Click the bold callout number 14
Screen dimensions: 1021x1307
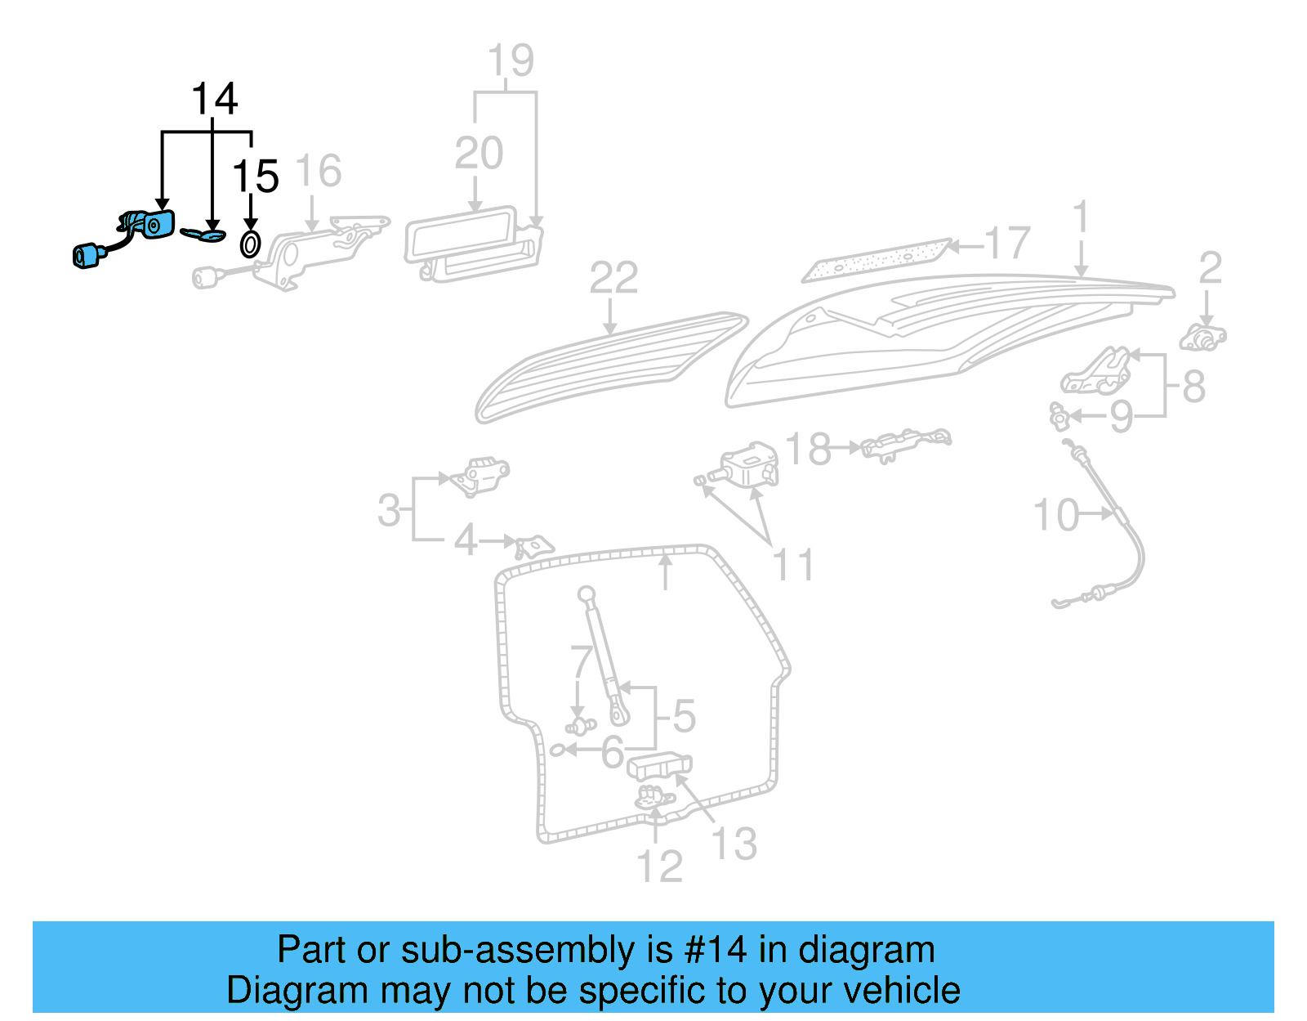click(x=214, y=100)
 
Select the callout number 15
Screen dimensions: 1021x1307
click(x=256, y=177)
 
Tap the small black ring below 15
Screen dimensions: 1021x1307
click(x=250, y=244)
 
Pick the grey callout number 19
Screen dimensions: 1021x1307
click(x=511, y=61)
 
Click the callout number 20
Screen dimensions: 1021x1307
click(x=479, y=154)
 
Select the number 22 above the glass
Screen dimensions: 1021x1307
click(x=613, y=279)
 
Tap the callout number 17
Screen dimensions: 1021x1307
click(x=1007, y=244)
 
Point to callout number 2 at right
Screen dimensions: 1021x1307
click(x=1210, y=268)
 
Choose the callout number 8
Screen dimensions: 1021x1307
click(x=1193, y=387)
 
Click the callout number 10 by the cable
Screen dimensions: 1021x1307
click(x=1056, y=516)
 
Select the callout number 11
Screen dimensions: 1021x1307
click(x=793, y=566)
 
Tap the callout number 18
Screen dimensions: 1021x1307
click(x=808, y=449)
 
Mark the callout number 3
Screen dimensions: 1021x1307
click(x=389, y=511)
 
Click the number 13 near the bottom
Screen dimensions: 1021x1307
click(x=734, y=844)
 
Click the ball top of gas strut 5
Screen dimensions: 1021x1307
click(x=587, y=593)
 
